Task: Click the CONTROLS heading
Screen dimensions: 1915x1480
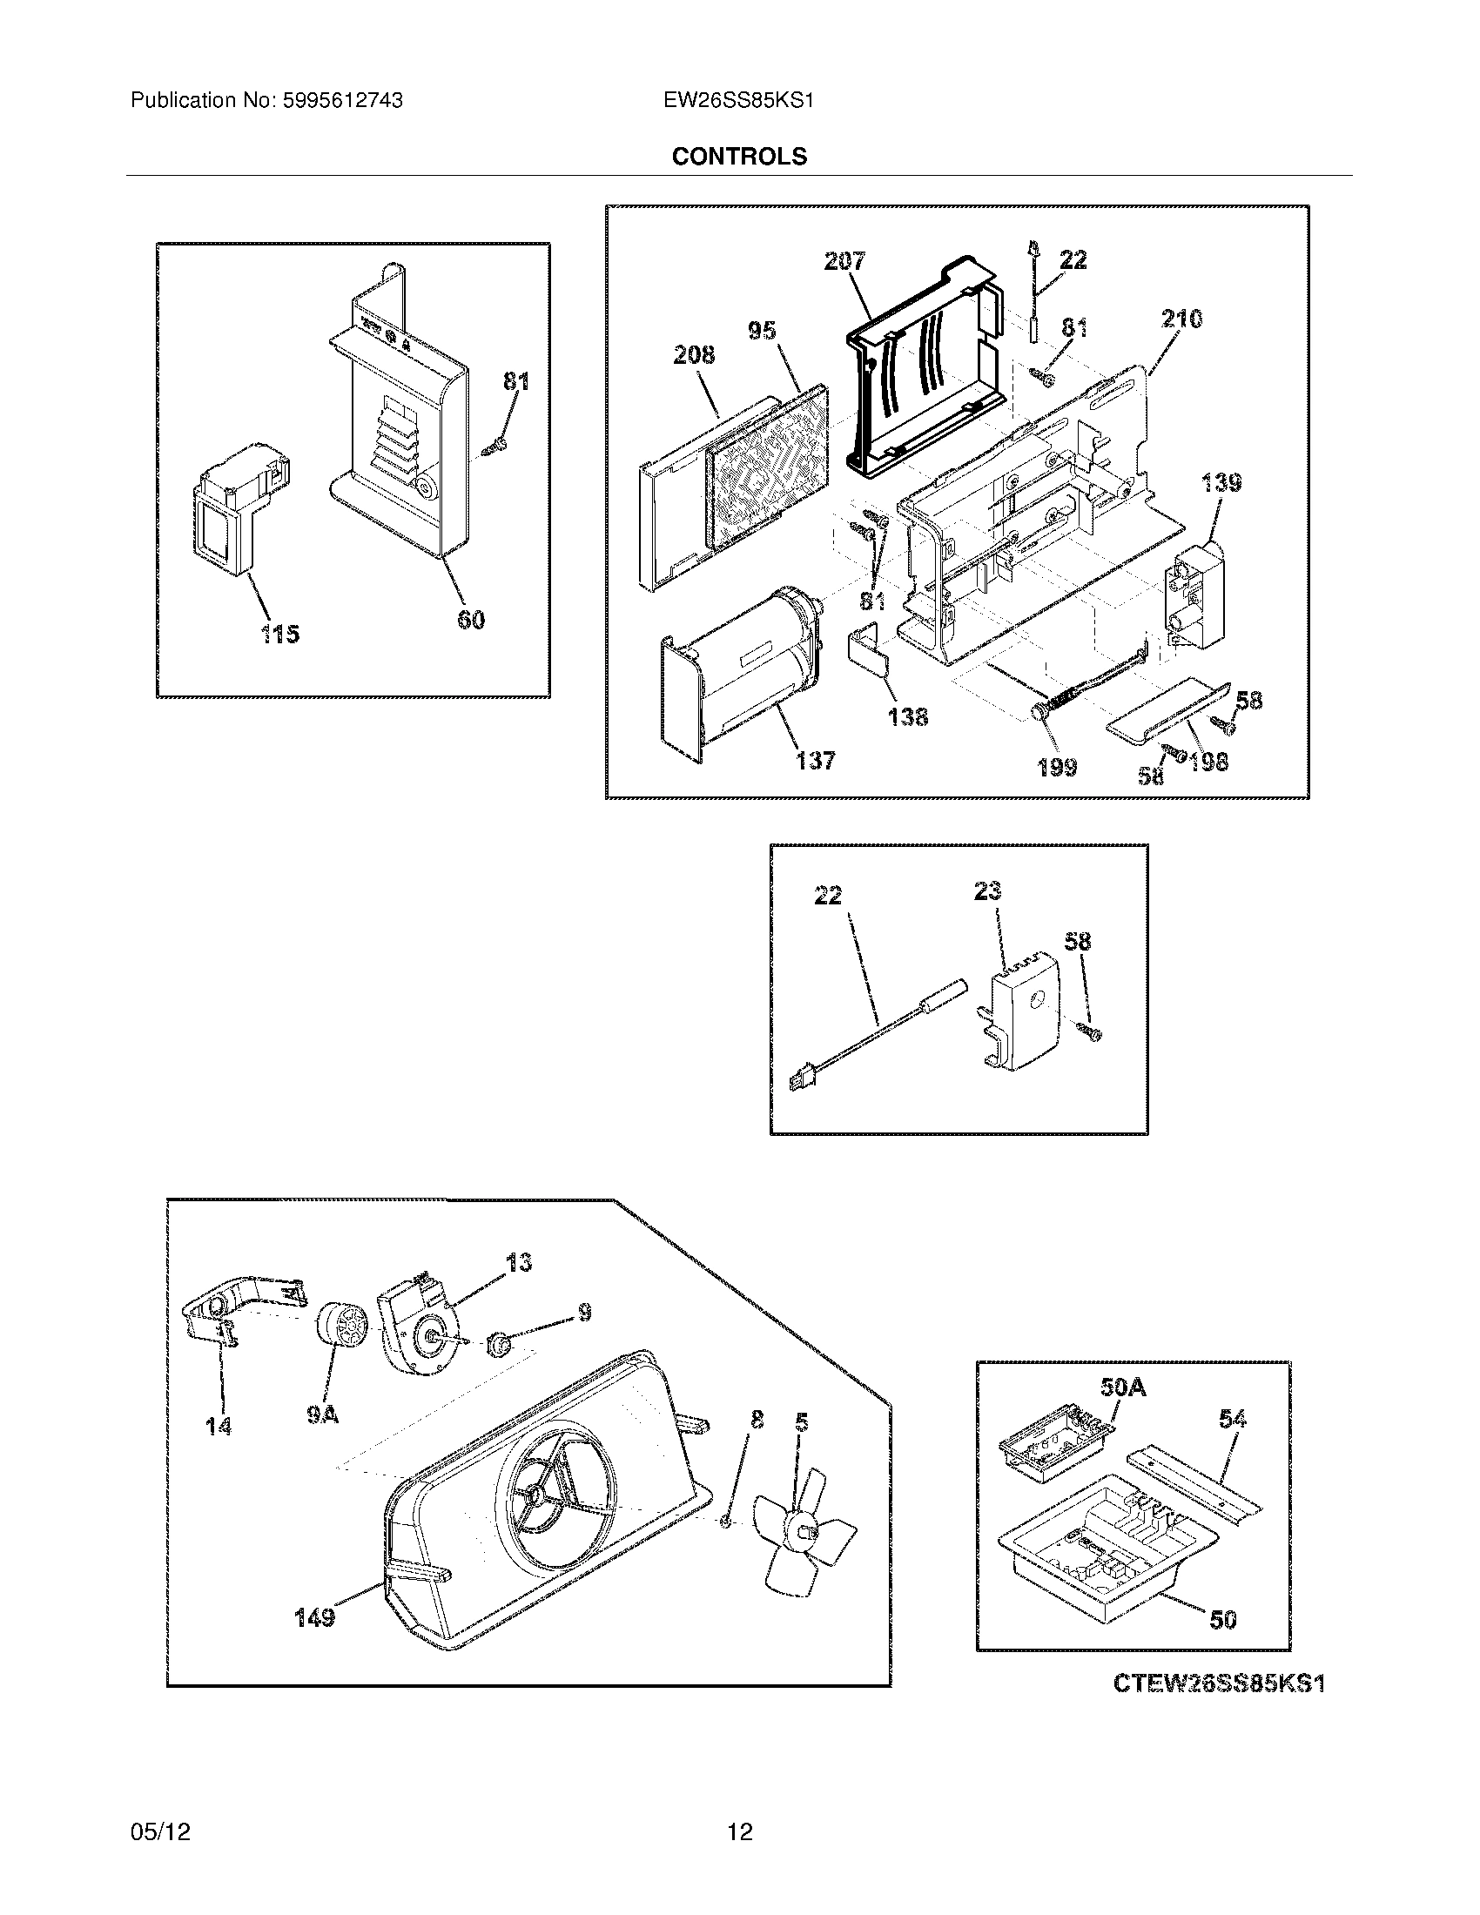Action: click(x=738, y=156)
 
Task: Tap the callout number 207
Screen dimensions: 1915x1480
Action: click(x=844, y=260)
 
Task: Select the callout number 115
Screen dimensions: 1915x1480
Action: click(x=279, y=633)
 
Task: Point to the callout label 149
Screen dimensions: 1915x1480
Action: click(x=314, y=1618)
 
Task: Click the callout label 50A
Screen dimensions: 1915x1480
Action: click(x=1122, y=1388)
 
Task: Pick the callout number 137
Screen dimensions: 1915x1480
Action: click(x=816, y=760)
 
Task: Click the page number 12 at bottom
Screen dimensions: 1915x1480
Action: click(x=739, y=1831)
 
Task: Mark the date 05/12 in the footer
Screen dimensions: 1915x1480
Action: click(x=159, y=1831)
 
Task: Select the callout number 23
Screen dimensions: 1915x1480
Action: click(x=986, y=890)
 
